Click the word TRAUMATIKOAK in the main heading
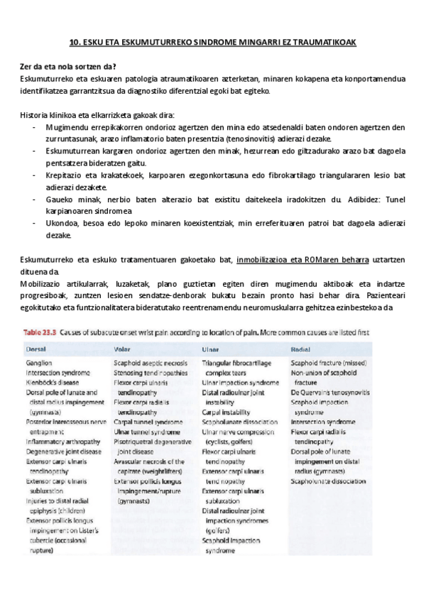click(x=324, y=43)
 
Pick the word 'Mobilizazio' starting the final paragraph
click(x=43, y=283)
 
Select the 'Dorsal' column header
click(x=36, y=349)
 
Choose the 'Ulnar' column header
click(x=211, y=349)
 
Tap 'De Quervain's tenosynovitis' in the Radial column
click(x=329, y=392)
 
